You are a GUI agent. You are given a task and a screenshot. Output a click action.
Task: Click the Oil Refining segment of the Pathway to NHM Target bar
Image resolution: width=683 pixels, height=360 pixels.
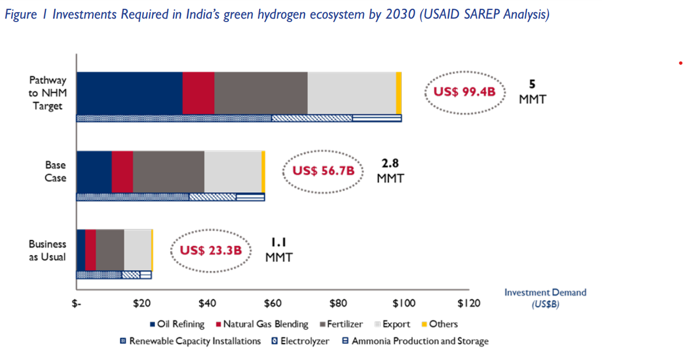click(129, 93)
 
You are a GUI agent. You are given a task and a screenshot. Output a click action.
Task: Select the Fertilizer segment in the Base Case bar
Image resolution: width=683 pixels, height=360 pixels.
click(168, 171)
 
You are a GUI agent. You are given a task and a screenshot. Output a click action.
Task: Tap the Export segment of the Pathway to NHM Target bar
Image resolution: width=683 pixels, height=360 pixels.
click(351, 93)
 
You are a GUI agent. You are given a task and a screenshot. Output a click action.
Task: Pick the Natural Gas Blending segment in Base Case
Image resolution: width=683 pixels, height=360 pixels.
click(122, 171)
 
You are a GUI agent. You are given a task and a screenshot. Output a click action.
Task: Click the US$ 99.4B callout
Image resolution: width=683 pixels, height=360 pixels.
click(464, 93)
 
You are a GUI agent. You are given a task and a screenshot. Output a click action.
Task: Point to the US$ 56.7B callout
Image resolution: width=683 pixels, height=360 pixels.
click(323, 171)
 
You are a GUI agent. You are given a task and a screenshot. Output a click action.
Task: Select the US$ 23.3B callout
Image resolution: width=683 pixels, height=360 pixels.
click(210, 250)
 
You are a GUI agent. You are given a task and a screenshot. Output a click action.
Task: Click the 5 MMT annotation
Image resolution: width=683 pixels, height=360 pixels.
click(532, 92)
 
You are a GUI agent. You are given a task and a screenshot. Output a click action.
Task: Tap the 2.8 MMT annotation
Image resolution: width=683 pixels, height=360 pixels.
click(390, 171)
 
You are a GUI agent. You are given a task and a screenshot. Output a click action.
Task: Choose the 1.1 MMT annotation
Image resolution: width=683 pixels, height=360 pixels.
click(279, 249)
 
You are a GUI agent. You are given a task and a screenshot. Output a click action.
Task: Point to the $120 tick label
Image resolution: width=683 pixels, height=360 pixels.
click(469, 303)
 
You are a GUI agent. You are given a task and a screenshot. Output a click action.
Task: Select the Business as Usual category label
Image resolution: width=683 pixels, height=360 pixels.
click(48, 250)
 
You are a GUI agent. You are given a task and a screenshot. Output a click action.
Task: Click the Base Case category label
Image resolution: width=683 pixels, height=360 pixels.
click(55, 171)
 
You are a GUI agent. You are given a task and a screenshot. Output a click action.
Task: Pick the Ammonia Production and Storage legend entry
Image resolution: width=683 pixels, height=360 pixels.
click(415, 341)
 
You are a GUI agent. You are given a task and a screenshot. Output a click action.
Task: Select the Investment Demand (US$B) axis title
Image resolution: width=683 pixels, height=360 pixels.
click(545, 298)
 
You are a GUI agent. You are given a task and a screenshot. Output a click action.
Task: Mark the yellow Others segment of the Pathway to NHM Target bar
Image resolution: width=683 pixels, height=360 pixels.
click(399, 93)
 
